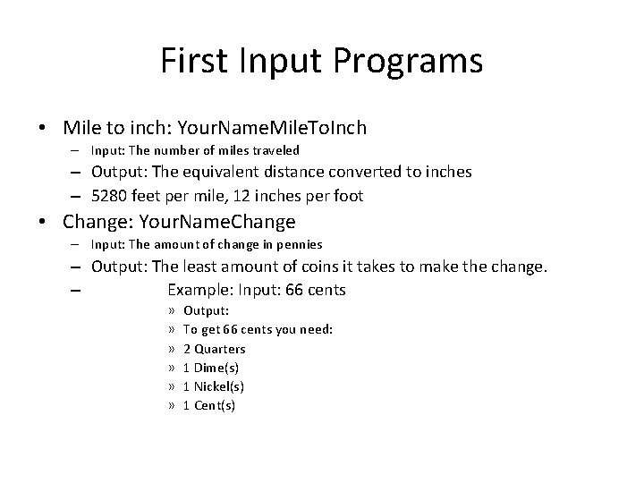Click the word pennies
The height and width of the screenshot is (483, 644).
coord(300,243)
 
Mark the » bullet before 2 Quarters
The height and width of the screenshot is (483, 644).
coord(170,349)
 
